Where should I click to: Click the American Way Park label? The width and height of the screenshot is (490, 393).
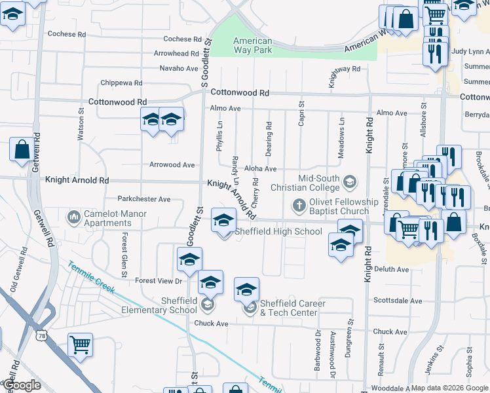(x=253, y=45)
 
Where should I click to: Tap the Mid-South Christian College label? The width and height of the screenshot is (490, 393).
(x=320, y=182)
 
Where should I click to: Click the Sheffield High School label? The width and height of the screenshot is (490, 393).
(x=278, y=231)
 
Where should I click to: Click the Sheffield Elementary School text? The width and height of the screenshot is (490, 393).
(x=169, y=305)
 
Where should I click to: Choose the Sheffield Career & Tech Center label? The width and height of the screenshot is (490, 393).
(x=289, y=308)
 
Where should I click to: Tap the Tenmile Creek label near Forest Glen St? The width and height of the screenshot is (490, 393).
(x=91, y=278)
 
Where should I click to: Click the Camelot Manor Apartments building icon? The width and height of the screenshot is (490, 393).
(x=74, y=215)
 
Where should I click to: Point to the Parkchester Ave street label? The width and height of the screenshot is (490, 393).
(x=143, y=198)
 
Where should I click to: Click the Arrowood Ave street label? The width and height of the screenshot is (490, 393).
(x=172, y=165)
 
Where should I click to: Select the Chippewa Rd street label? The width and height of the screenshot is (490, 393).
(x=121, y=83)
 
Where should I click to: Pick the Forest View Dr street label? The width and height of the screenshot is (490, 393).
(x=158, y=281)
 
